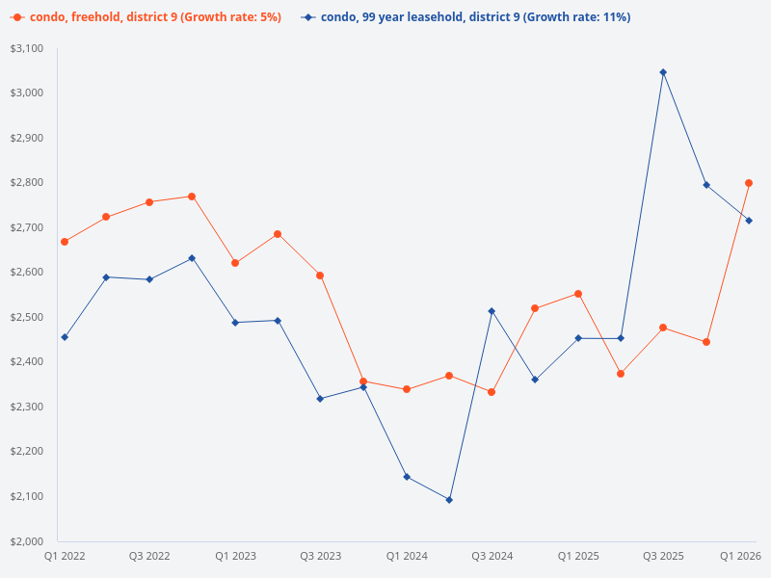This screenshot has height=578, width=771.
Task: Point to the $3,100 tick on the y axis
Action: pos(28,48)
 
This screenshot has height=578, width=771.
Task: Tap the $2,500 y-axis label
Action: pos(28,317)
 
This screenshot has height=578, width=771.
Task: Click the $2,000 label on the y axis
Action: pos(28,540)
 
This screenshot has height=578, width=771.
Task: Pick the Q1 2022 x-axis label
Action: pos(65,556)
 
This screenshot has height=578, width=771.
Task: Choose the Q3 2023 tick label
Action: pos(320,556)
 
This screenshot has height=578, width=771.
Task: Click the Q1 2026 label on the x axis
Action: pos(741,556)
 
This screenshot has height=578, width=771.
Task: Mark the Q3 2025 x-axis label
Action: pos(663,556)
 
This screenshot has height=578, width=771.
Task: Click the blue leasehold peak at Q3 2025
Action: pos(663,72)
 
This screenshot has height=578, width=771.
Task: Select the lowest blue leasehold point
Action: pos(449,500)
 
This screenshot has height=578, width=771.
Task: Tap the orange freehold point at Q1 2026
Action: pos(749,183)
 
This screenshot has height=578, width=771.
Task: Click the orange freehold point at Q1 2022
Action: pos(65,242)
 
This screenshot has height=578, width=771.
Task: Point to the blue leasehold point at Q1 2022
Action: pos(65,337)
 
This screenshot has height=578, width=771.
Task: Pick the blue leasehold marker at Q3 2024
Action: pos(492,311)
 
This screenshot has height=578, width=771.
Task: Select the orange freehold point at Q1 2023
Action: pos(235,263)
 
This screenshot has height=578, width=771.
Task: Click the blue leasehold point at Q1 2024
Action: pos(407,477)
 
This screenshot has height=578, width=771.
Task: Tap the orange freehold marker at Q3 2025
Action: pos(663,328)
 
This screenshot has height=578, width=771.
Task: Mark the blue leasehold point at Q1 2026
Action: pos(749,221)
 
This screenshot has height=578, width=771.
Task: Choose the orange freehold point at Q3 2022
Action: pos(149,202)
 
